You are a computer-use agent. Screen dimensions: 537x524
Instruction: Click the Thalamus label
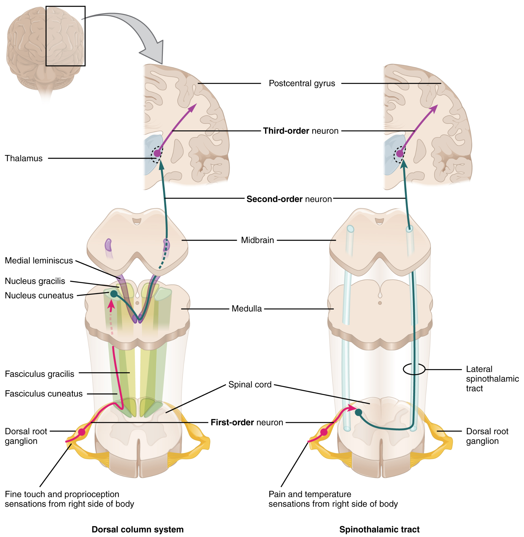24,158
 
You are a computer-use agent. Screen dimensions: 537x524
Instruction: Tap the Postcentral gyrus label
302,83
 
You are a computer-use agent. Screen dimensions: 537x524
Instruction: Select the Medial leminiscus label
39,261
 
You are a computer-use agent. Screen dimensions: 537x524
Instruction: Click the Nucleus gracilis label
35,281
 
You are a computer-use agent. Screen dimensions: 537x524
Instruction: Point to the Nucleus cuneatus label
39,296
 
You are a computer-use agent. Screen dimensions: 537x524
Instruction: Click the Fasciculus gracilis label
40,374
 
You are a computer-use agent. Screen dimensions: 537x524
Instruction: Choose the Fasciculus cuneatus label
43,394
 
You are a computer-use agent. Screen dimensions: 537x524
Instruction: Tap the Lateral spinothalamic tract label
492,379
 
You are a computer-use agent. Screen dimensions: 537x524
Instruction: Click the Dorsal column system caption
137,529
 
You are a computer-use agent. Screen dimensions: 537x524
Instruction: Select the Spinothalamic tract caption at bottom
379,529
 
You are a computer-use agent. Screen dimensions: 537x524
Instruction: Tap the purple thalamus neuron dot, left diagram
157,153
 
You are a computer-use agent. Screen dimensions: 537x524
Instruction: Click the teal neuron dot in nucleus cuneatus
114,294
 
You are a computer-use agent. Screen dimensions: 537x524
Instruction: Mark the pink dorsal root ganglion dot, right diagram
324,432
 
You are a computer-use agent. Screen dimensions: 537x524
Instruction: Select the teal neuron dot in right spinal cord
358,412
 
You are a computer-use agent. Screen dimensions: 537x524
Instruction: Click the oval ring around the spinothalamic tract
414,369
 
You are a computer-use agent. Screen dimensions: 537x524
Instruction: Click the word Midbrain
257,240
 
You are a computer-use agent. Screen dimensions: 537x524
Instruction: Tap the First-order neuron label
247,422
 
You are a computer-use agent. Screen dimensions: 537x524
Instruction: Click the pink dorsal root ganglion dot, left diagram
82,432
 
